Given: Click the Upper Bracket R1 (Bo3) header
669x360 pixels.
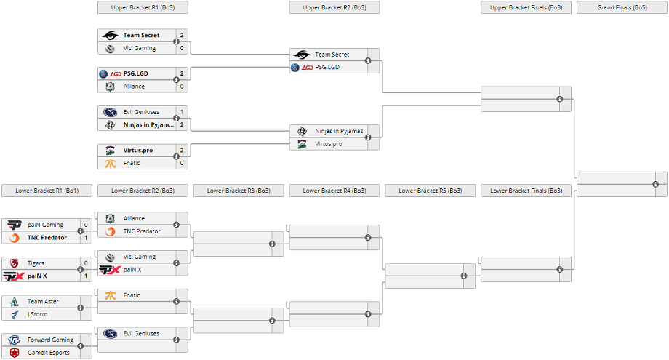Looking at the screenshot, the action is (x=143, y=8).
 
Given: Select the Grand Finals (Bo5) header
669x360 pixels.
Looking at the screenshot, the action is (x=622, y=8).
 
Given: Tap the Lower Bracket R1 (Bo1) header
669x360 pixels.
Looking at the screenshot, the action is (x=47, y=191).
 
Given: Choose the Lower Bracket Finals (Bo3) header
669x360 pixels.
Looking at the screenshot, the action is (x=526, y=191).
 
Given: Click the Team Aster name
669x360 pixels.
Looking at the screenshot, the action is (x=43, y=302).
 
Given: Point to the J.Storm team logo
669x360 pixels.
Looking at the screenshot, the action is (x=15, y=314).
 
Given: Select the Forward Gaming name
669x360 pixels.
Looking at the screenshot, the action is (x=50, y=340).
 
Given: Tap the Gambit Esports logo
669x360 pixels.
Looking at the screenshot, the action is (x=15, y=353).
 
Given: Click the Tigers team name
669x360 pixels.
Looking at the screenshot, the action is (x=36, y=263).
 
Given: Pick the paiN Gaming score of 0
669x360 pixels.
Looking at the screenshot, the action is (x=86, y=225).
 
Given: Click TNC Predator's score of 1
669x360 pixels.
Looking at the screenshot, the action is (x=86, y=238).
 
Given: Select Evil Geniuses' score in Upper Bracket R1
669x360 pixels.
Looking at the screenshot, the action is (x=182, y=112).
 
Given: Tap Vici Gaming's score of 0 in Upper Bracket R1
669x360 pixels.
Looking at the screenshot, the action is (x=182, y=48).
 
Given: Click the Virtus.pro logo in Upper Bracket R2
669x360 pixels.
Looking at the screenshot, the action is (x=302, y=144).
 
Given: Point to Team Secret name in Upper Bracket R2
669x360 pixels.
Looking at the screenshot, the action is (x=332, y=55).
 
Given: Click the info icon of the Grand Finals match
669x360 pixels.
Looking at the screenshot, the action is (x=655, y=184).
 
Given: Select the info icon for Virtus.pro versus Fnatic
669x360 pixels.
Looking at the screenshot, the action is (x=176, y=156).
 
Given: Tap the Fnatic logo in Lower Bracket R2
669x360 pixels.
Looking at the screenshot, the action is (x=110, y=295).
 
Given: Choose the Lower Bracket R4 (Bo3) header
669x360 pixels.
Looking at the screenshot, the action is (x=334, y=191).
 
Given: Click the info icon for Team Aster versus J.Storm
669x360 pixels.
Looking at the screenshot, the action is (x=80, y=308).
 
